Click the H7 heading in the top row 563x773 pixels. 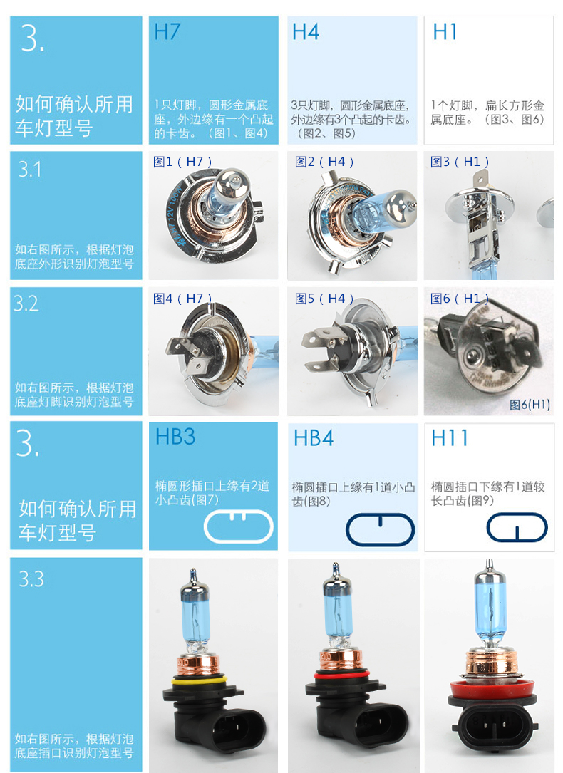(167, 33)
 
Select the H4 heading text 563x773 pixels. (305, 33)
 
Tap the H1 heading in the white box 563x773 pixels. (445, 33)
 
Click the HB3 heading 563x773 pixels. (175, 437)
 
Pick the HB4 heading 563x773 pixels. (313, 438)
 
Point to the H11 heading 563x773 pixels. (450, 438)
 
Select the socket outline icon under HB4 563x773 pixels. (379, 528)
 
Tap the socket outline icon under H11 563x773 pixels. (517, 527)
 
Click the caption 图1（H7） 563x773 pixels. (183, 162)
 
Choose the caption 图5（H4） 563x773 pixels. (324, 299)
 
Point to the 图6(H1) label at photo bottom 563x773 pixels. (530, 405)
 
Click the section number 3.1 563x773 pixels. (30, 170)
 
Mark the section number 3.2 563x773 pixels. (26, 304)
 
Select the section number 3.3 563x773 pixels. (31, 579)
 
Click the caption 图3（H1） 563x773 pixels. (460, 162)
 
